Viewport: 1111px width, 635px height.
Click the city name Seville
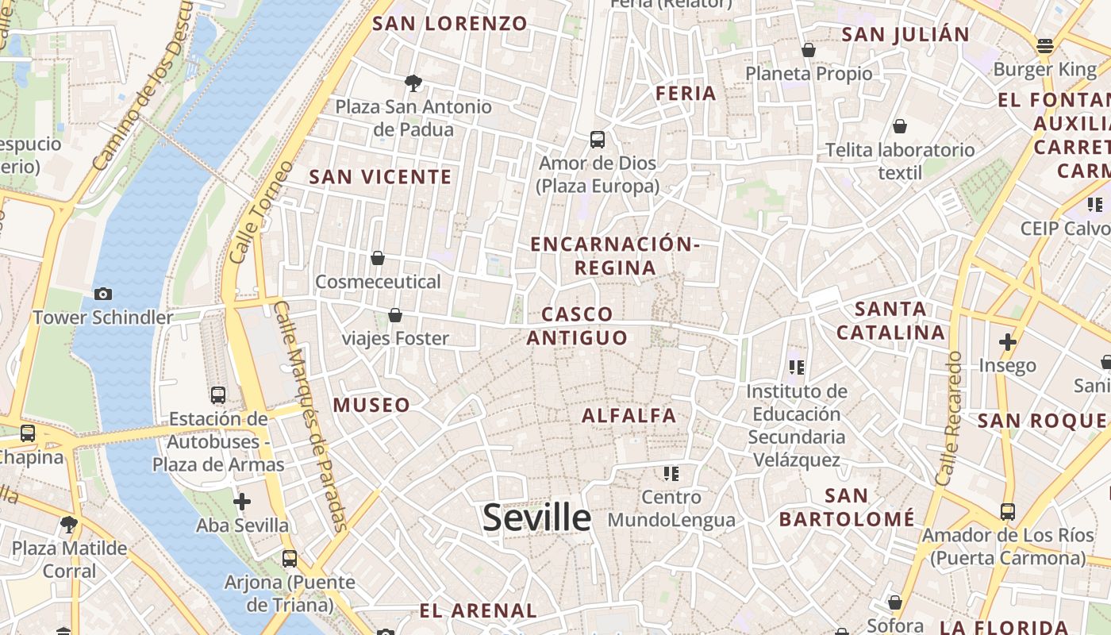(536, 518)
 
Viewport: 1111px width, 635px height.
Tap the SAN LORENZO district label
(450, 23)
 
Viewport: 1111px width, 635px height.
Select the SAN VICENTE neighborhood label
(380, 177)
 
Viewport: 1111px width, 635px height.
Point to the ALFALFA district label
(629, 415)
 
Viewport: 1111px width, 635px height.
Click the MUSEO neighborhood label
(371, 405)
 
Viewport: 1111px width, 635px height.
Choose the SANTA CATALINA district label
(890, 321)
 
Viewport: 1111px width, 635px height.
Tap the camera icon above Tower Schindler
(103, 294)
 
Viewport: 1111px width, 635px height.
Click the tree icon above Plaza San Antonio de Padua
(413, 83)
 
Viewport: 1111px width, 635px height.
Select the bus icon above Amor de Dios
(598, 140)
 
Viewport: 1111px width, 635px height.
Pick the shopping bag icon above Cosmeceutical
(378, 258)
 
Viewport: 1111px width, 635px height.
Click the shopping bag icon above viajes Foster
(395, 315)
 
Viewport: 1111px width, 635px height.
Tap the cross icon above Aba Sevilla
(242, 502)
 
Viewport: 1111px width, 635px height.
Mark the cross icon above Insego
(1007, 342)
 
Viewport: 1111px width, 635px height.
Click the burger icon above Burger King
(1045, 46)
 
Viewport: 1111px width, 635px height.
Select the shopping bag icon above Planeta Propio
(809, 50)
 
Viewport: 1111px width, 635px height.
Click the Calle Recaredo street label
(949, 418)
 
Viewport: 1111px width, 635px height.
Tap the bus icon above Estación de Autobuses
(218, 394)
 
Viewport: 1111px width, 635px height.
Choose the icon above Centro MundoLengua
(671, 474)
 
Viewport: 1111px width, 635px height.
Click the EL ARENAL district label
(478, 611)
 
